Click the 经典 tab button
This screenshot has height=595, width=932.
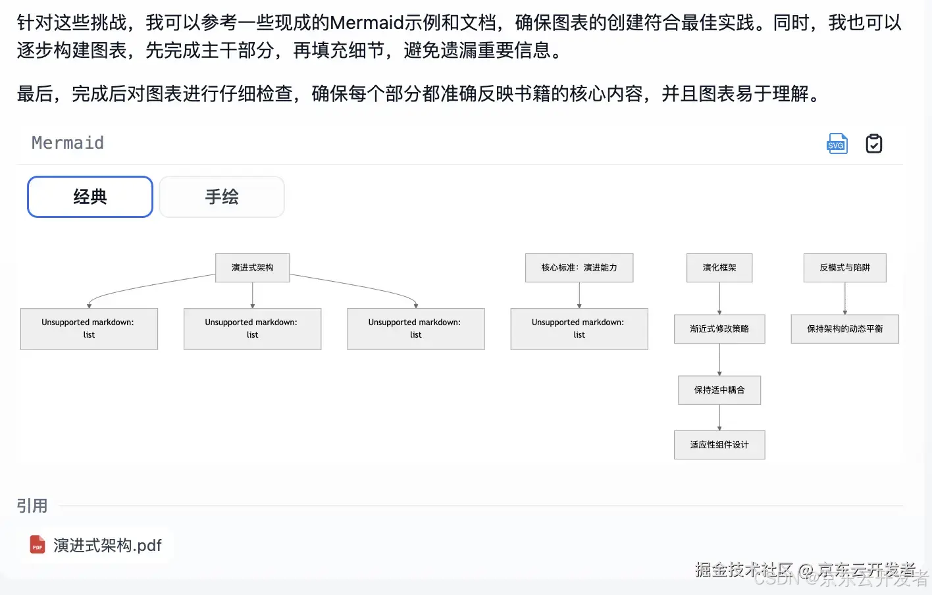[x=90, y=197]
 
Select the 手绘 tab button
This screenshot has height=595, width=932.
[x=222, y=197]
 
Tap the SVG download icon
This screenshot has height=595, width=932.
[x=837, y=143]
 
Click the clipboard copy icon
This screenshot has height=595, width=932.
[x=873, y=143]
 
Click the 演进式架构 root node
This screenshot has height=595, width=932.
[x=253, y=268]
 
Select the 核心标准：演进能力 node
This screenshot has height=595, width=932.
[x=579, y=268]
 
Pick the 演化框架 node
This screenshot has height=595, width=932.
[x=719, y=268]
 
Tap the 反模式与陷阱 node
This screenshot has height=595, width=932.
[x=844, y=268]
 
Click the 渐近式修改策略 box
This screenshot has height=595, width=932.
[x=719, y=329]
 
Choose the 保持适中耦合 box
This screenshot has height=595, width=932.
[x=719, y=390]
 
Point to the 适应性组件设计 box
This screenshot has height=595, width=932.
[x=719, y=445]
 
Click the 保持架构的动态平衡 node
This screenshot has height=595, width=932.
[x=844, y=329]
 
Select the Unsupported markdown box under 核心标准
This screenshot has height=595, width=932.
[x=579, y=329]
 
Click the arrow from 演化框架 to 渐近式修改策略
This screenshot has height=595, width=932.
[x=719, y=298]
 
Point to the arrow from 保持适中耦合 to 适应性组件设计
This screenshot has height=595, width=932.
[x=719, y=417]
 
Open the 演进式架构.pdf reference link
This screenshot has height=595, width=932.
[x=107, y=545]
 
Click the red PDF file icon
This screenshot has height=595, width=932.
[x=38, y=545]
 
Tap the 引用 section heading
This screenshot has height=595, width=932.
[x=32, y=505]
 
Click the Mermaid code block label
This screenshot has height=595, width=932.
[x=68, y=143]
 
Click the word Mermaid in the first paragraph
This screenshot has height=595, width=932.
[x=367, y=23]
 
